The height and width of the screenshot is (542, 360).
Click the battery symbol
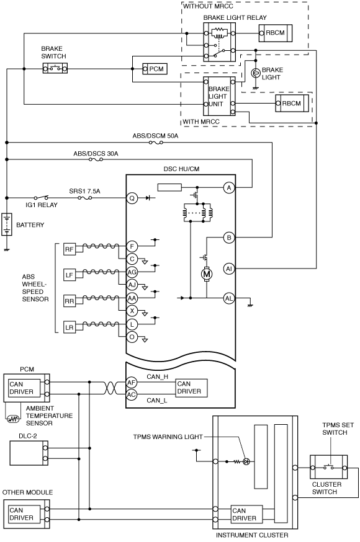point(7,224)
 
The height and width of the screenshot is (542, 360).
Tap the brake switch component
point(55,68)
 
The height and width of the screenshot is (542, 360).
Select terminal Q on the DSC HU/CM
point(132,198)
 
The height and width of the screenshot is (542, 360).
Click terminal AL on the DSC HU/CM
point(229,298)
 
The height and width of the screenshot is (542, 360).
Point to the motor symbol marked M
point(207,274)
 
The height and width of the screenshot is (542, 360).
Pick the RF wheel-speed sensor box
point(69,249)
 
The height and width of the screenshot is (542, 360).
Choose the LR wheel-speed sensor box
point(69,327)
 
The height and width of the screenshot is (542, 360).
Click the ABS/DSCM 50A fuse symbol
point(156,143)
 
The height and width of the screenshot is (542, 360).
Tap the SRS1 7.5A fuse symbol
point(85,198)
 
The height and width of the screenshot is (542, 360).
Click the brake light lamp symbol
point(255,73)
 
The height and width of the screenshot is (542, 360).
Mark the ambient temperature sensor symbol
point(13,419)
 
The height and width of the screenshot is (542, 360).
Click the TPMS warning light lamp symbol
point(246,461)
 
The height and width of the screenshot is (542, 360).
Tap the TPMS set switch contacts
point(328,468)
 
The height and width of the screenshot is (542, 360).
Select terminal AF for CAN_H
point(132,382)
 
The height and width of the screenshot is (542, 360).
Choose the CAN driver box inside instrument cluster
point(246,514)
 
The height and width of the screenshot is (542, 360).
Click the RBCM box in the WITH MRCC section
point(292,103)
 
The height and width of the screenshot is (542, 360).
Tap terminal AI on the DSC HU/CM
point(229,269)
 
